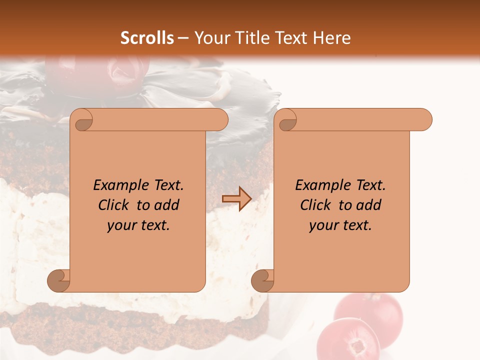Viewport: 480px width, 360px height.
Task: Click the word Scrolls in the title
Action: pos(147,38)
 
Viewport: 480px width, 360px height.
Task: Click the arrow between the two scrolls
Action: pos(236,198)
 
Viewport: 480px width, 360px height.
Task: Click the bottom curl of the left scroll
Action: pos(59,280)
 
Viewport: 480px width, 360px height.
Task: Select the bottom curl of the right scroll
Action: pos(263,280)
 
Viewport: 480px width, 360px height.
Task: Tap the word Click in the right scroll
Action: pos(315,205)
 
